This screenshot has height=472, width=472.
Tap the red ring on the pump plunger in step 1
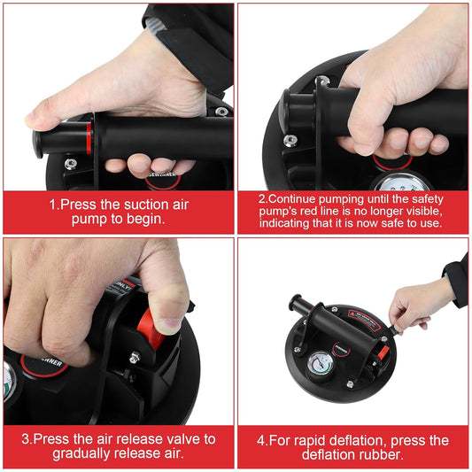tap(89, 138)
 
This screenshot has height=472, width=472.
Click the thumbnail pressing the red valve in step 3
tap(167, 298)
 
